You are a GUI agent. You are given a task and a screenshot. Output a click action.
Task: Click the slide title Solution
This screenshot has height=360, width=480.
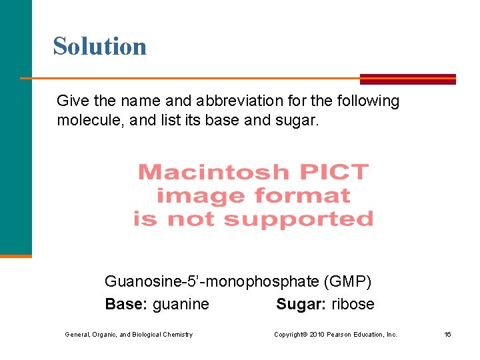100,46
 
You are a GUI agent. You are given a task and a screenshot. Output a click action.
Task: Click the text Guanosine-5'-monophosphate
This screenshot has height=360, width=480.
211,282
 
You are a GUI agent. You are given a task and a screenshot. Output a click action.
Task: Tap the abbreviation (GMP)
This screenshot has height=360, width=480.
347,282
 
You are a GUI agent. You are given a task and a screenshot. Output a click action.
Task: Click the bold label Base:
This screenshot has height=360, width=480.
127,305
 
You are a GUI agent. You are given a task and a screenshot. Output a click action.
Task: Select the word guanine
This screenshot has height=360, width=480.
181,305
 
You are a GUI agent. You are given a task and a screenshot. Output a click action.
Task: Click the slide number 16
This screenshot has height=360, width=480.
447,335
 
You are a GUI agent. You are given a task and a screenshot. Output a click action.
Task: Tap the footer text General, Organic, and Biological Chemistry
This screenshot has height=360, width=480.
129,335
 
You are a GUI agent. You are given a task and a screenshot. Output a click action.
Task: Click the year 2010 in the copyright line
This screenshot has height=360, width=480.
317,335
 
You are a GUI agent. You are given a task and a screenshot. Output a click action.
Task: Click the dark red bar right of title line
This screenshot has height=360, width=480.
407,79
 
